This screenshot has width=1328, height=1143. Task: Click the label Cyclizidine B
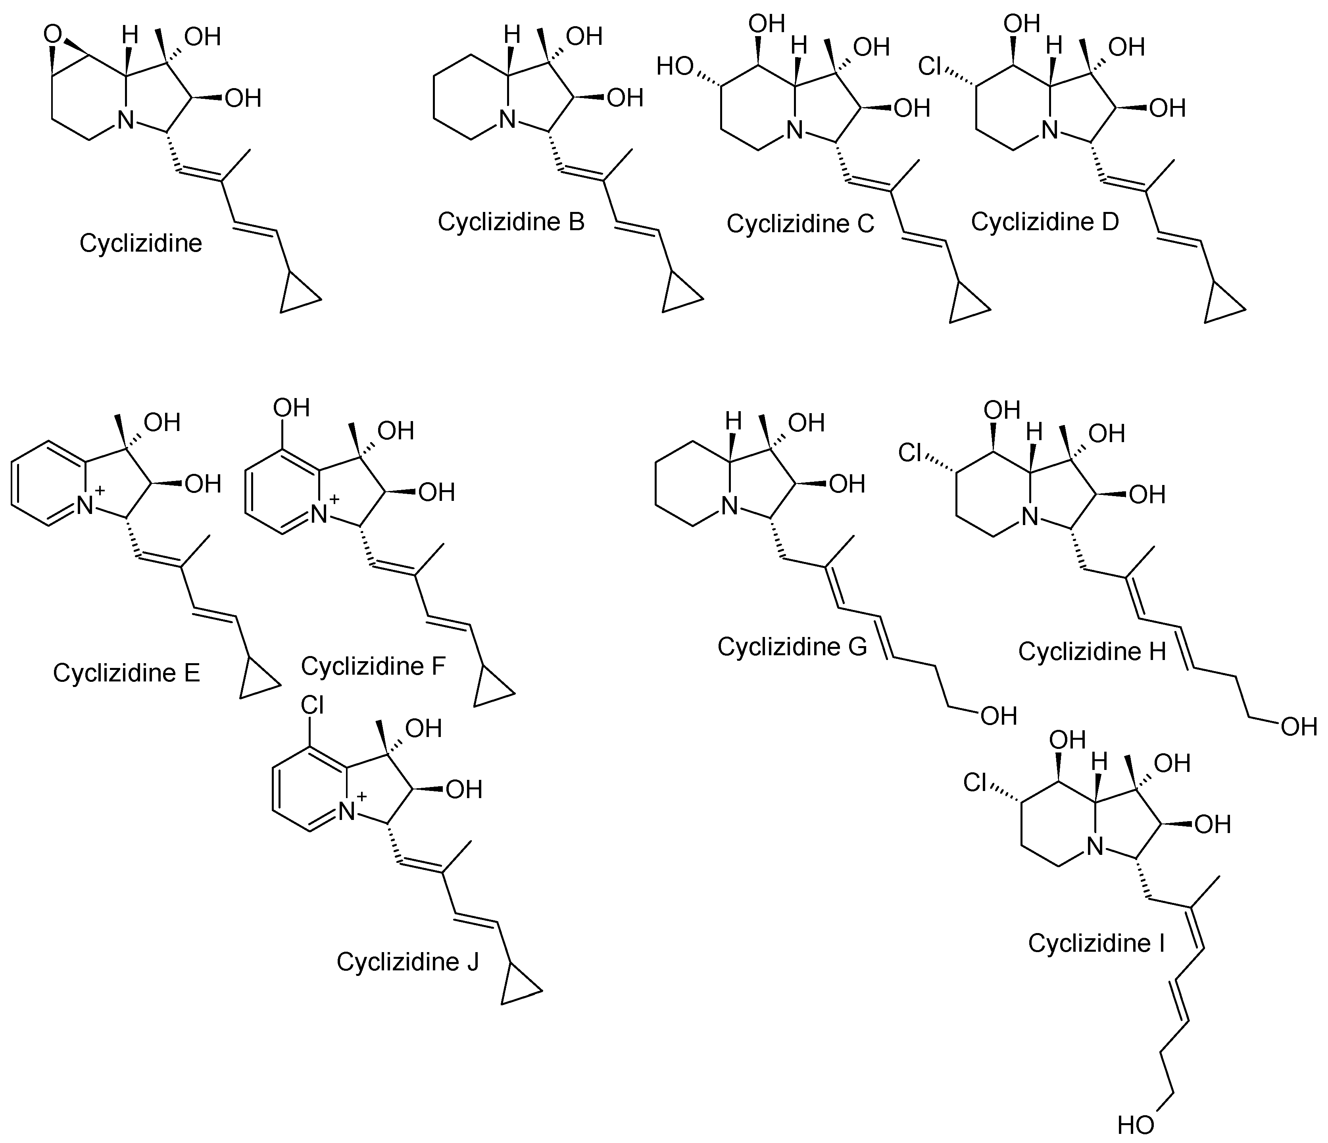pyautogui.click(x=511, y=222)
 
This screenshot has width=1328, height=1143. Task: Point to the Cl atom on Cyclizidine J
pyautogui.click(x=312, y=705)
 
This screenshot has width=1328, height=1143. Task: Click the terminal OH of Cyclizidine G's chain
pyautogui.click(x=998, y=716)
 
